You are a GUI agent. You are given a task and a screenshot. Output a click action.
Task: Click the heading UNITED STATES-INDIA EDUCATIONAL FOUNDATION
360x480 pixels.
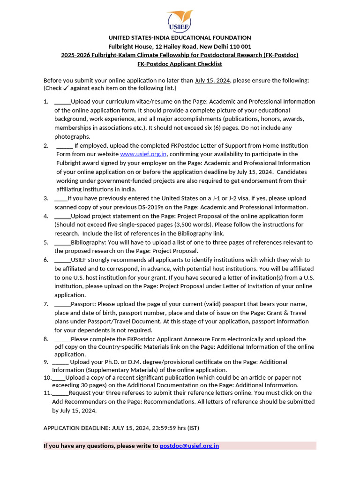(180, 37)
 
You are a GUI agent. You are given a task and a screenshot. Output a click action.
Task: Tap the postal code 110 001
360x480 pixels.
(240, 46)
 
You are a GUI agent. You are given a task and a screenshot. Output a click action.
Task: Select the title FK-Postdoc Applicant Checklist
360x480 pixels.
(180, 64)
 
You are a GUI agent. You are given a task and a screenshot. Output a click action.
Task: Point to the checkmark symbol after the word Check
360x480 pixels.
(66, 88)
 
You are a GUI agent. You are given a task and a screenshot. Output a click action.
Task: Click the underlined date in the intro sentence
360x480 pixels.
(212, 80)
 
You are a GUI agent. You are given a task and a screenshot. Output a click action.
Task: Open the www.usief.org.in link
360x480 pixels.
(143, 154)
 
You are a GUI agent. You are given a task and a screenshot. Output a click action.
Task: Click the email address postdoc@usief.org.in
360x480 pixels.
(189, 446)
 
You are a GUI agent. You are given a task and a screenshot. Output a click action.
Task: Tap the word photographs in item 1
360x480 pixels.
(72, 136)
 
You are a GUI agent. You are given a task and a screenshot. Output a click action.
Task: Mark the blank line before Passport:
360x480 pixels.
(62, 304)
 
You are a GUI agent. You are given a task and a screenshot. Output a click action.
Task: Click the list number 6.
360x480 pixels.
(46, 260)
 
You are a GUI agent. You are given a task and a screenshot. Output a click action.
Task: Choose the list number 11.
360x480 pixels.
(47, 393)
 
